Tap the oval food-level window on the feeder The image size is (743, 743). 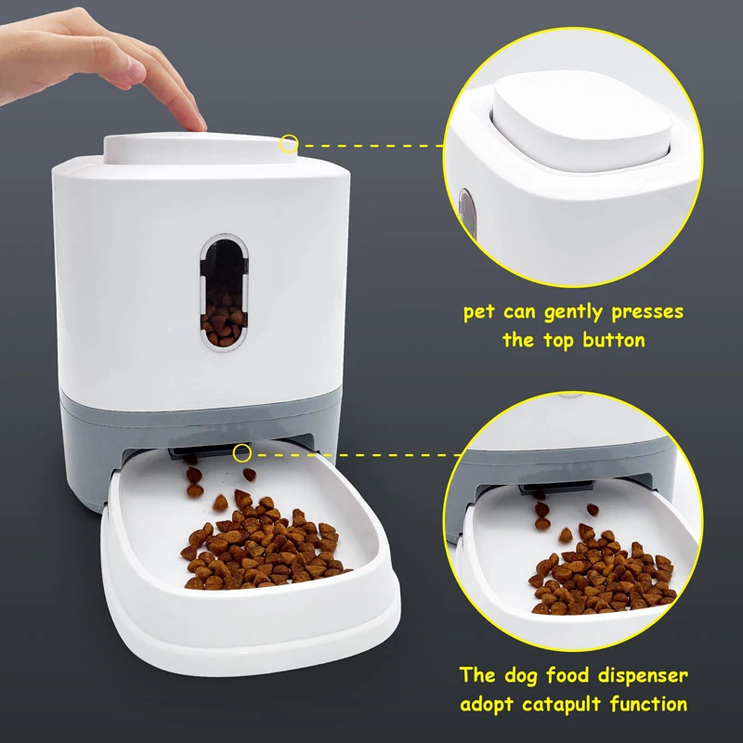(225, 291)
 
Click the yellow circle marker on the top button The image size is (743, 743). (289, 144)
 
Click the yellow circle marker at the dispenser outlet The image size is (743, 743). (242, 452)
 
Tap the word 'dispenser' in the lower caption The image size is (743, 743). (631, 675)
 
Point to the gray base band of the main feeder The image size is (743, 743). (93, 446)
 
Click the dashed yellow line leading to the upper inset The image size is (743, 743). (371, 145)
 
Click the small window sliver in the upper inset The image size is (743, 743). (466, 210)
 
